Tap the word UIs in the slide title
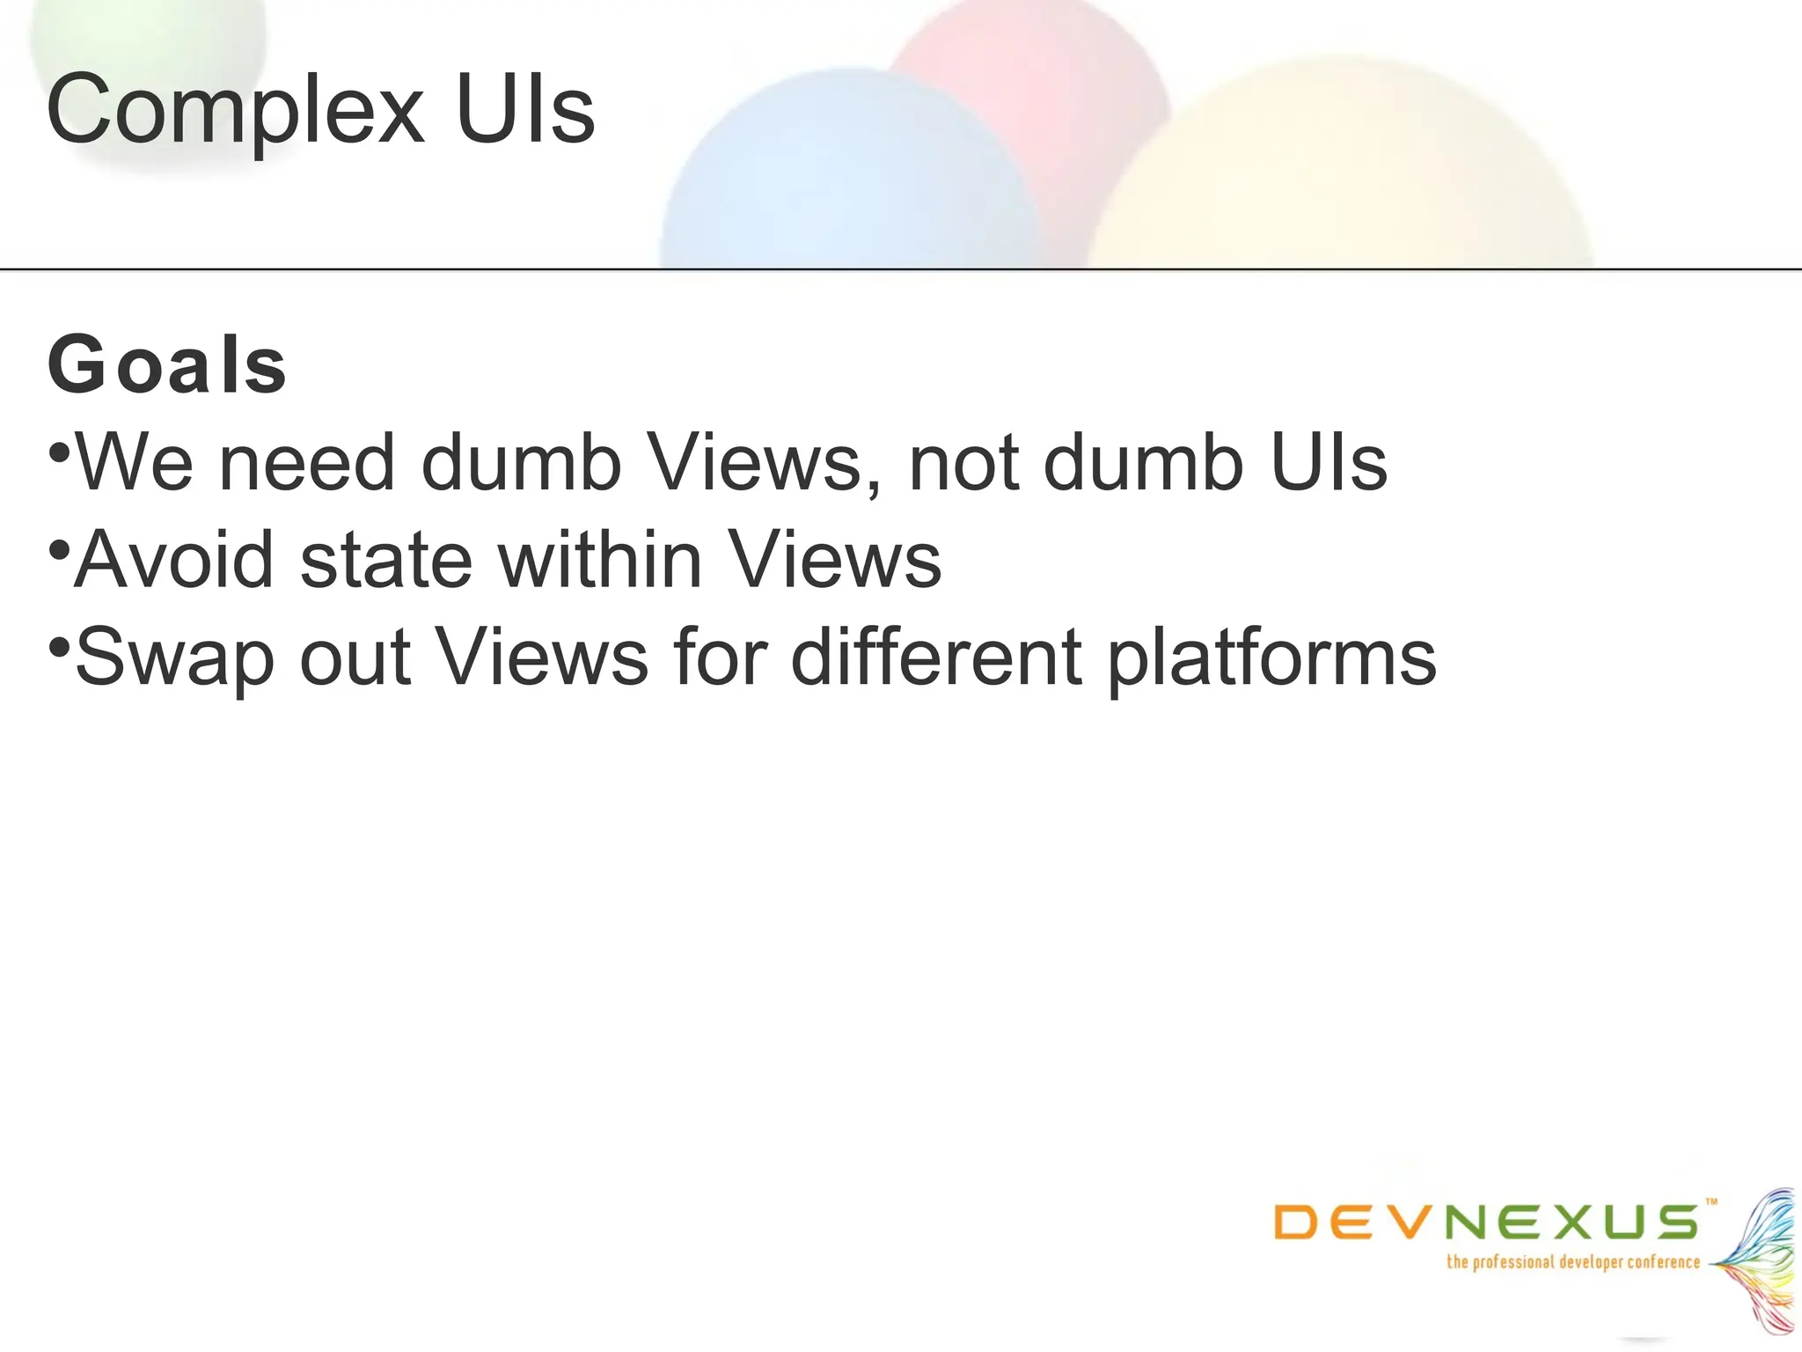tap(525, 109)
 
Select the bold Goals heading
tap(167, 365)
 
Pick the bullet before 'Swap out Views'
tap(59, 648)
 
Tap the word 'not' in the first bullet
tap(963, 464)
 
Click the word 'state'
tap(386, 560)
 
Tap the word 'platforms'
tap(1271, 658)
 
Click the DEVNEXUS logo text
tap(1487, 1222)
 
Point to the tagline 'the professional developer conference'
tap(1573, 1262)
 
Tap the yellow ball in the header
tap(1337, 167)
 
